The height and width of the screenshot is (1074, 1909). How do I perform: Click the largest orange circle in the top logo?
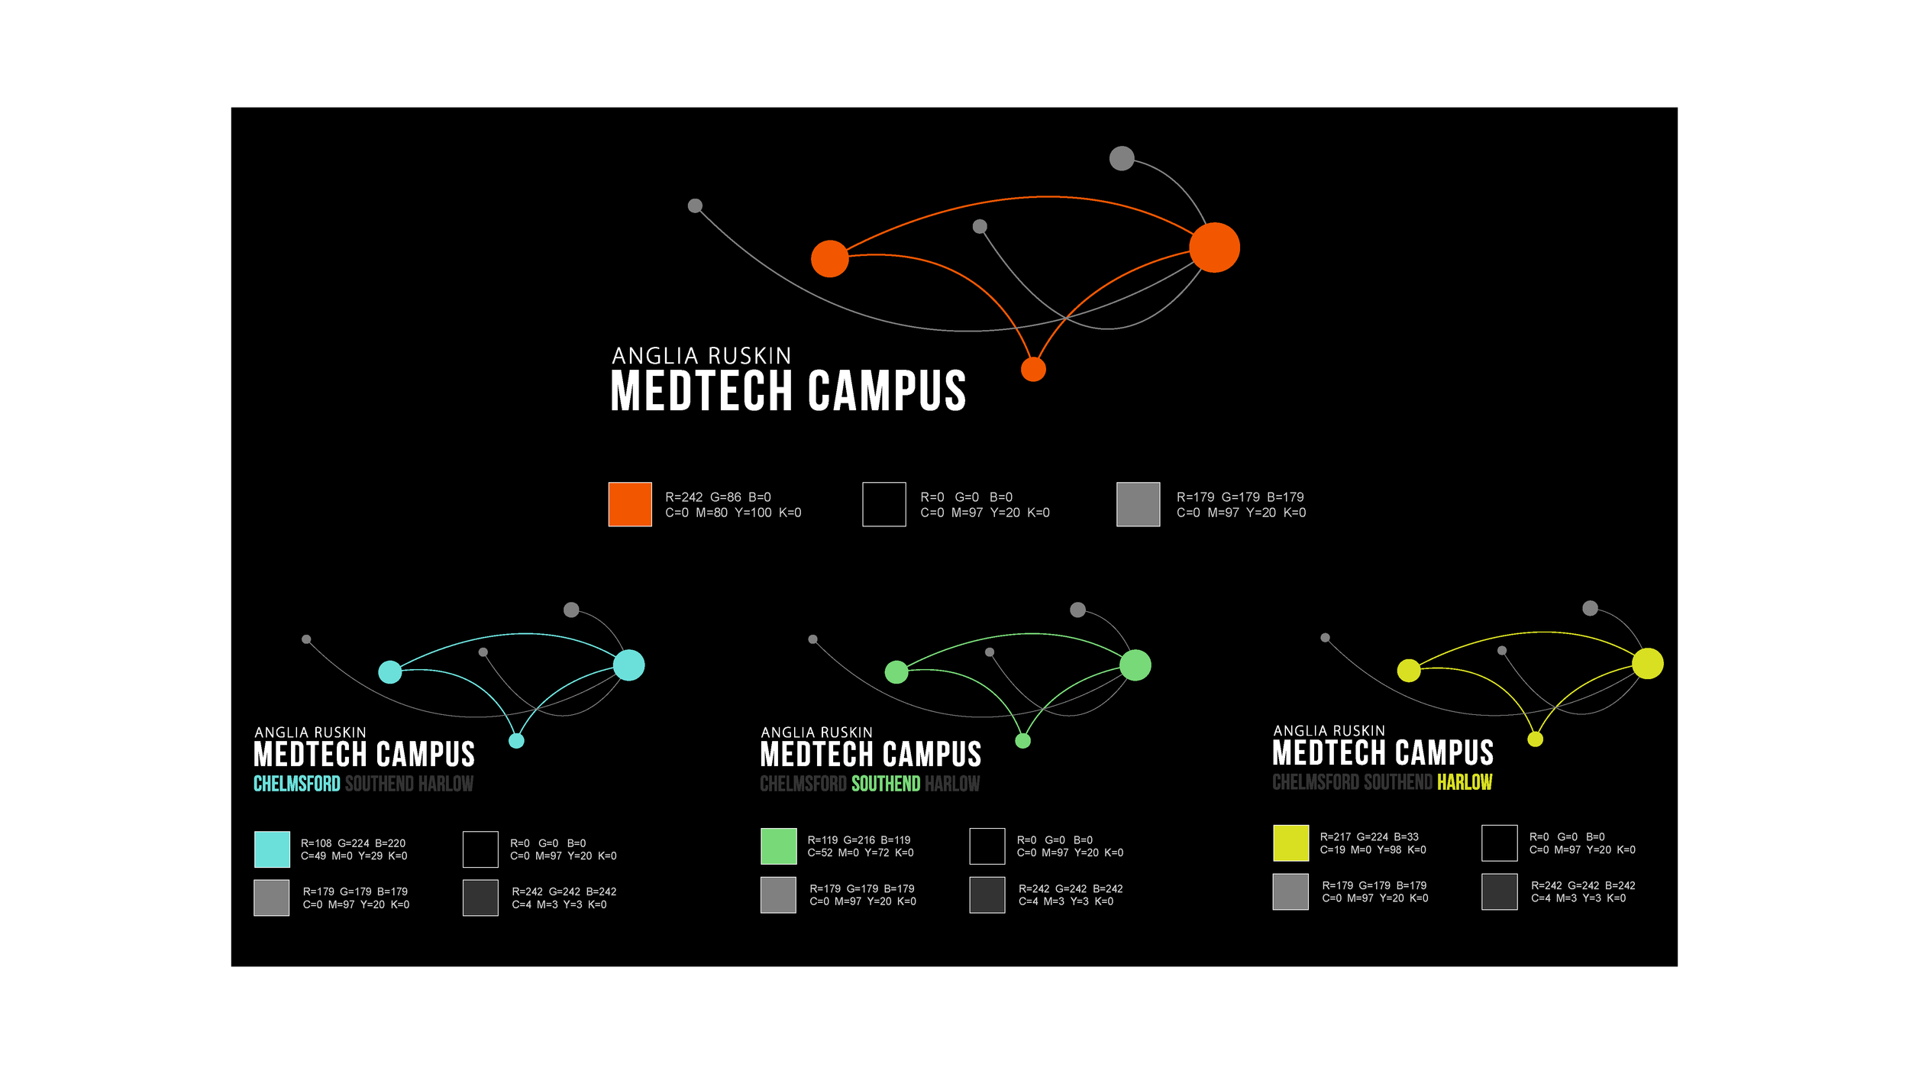(1214, 247)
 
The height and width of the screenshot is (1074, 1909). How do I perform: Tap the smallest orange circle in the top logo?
(1033, 370)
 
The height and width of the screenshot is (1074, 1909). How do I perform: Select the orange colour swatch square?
(630, 504)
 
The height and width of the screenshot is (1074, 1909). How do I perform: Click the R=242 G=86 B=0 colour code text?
(718, 497)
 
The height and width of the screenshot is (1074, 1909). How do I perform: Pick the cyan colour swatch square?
(272, 849)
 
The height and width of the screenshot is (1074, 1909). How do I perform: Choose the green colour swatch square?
(778, 846)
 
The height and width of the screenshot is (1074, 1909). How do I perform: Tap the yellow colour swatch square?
(1290, 843)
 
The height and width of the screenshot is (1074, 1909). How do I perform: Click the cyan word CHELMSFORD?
(297, 784)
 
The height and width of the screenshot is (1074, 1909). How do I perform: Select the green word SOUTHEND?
(886, 784)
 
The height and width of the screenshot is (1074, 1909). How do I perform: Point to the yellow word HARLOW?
(1465, 782)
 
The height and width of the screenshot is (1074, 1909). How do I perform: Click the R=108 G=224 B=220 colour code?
(353, 843)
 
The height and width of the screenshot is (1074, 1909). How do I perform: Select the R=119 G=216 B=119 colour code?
(859, 840)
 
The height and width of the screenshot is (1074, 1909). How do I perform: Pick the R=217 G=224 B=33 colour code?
(1369, 837)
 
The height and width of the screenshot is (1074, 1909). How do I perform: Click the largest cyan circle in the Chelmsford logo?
(629, 665)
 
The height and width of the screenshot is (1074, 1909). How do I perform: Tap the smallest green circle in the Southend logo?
(1023, 740)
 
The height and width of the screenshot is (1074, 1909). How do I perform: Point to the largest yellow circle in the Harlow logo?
(1648, 663)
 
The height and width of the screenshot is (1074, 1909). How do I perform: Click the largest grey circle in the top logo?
(1122, 158)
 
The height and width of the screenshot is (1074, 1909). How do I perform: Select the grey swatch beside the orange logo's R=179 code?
(1138, 504)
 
